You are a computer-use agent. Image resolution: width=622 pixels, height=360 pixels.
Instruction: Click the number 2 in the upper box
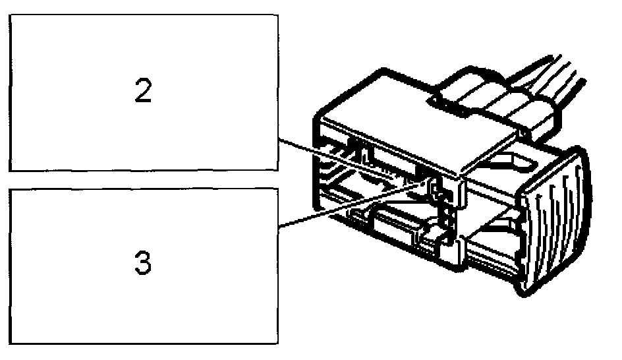143,92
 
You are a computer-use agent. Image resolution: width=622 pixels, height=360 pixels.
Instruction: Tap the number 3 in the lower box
143,264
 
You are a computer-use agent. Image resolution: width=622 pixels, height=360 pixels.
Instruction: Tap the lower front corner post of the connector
455,254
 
